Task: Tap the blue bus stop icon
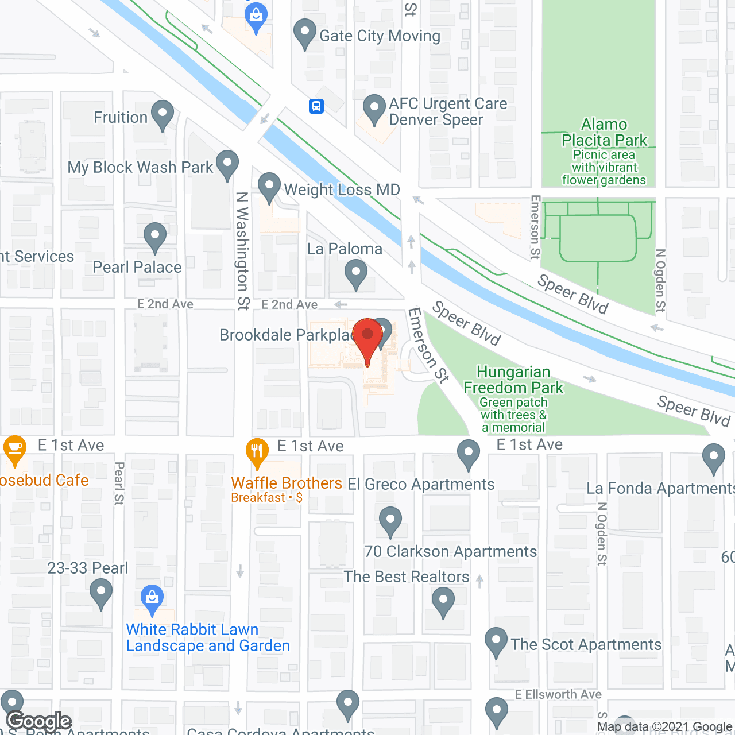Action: click(x=316, y=106)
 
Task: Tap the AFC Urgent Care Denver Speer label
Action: click(x=448, y=112)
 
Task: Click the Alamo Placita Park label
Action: click(x=604, y=133)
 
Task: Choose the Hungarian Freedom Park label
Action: click(x=513, y=380)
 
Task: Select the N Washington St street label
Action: click(x=243, y=251)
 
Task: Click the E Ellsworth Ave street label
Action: click(x=558, y=695)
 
